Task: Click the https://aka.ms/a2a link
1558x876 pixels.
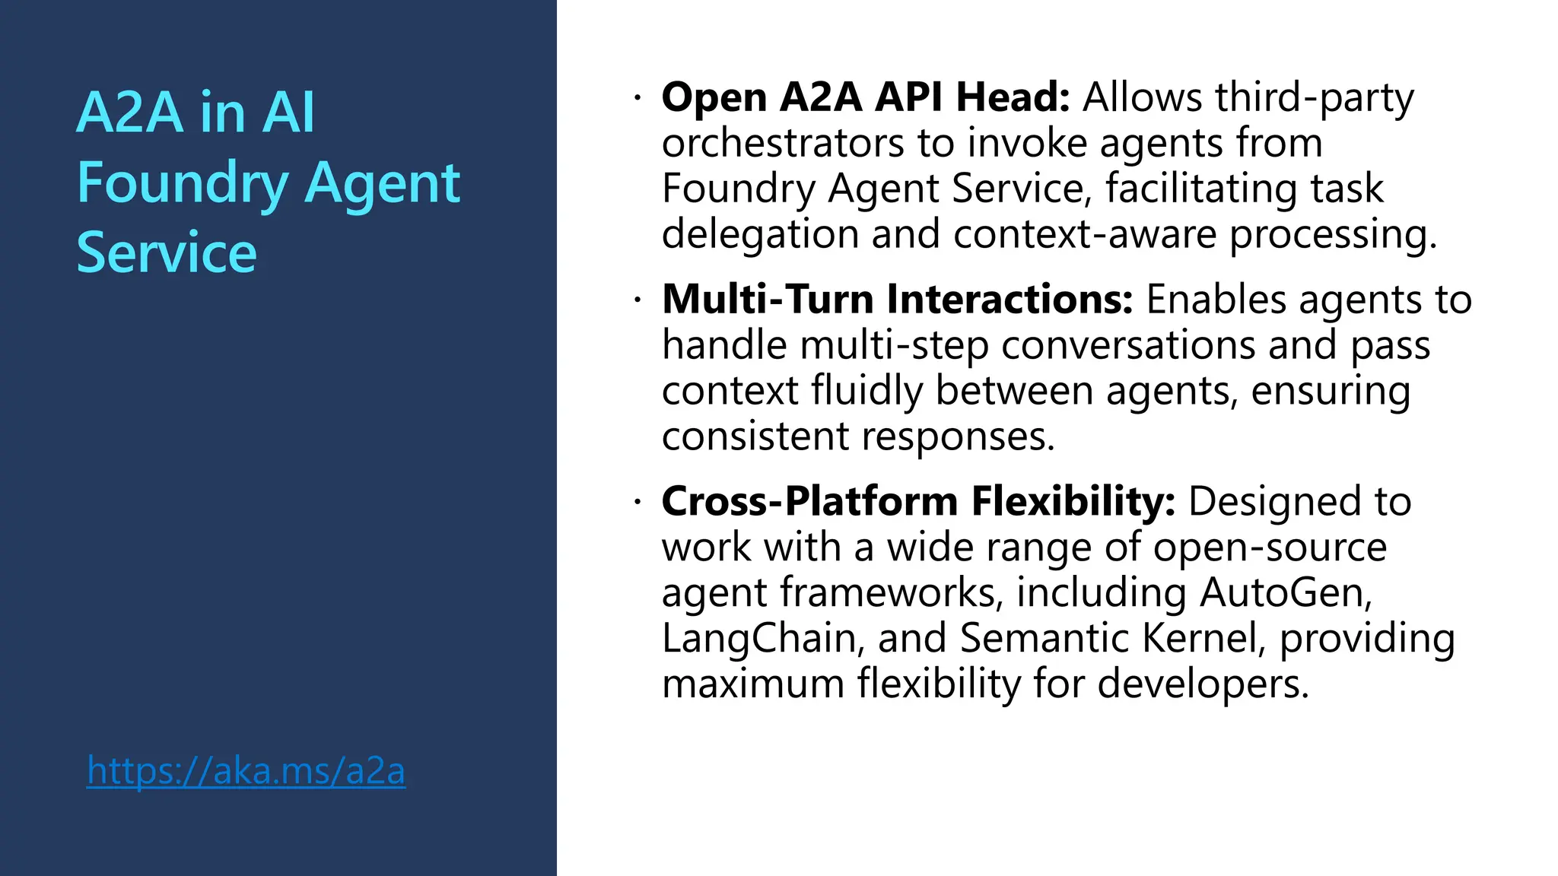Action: [x=246, y=771]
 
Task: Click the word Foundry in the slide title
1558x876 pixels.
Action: [x=182, y=183]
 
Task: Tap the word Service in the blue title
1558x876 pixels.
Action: [x=167, y=253]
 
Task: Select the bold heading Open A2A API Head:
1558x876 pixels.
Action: [x=866, y=97]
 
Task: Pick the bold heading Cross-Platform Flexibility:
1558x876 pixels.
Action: [x=918, y=501]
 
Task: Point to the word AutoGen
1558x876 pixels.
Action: [x=1285, y=592]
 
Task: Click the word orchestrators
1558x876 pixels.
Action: [x=783, y=143]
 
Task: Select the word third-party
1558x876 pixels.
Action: [x=1314, y=97]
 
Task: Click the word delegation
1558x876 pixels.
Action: [x=760, y=233]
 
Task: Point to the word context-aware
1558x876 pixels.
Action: [x=1085, y=233]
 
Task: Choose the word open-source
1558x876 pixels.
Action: [x=1270, y=547]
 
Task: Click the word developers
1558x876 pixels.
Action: [x=1203, y=684]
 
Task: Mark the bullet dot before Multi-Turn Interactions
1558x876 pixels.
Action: [x=638, y=300]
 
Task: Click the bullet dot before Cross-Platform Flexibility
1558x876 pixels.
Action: [x=638, y=502]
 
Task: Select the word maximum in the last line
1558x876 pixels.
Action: [x=753, y=684]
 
